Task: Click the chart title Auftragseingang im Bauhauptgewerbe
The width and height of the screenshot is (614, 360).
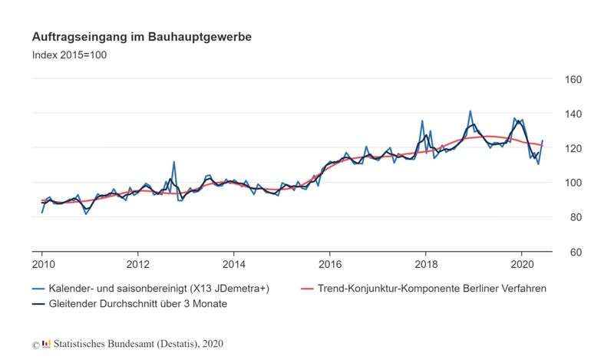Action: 141,37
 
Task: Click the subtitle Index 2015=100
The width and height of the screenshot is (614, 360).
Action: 74,54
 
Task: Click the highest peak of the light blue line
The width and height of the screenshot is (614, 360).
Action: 470,111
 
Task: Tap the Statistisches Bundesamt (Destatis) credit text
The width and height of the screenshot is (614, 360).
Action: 138,344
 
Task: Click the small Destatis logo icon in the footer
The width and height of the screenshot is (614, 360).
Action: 46,344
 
